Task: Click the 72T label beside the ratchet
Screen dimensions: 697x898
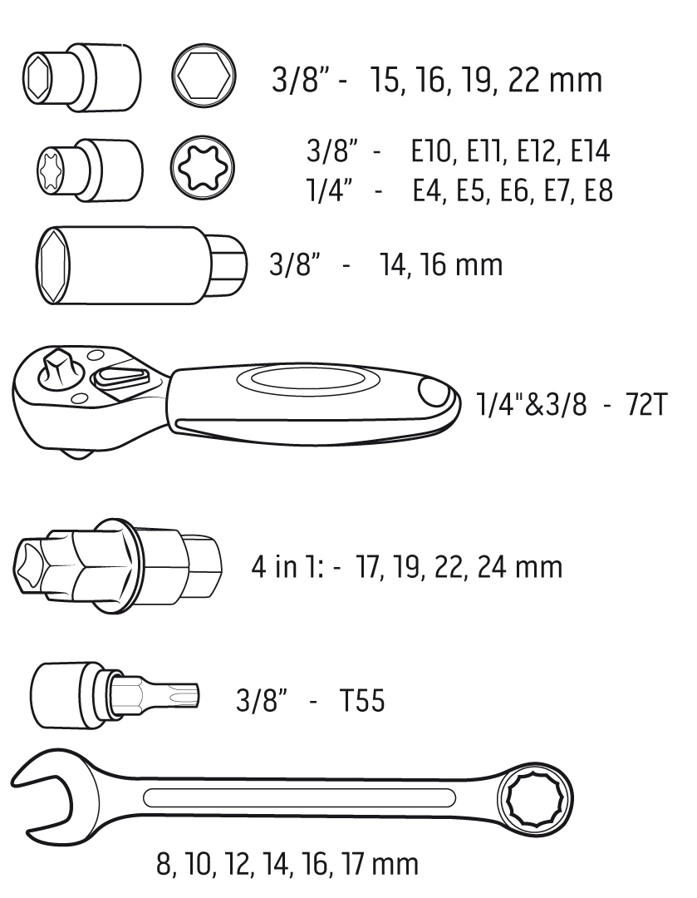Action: tap(646, 404)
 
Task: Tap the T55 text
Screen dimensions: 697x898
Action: tap(362, 700)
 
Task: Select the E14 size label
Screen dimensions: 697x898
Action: tap(591, 151)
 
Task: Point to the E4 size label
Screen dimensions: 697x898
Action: tap(428, 190)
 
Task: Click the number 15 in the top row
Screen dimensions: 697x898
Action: tap(385, 80)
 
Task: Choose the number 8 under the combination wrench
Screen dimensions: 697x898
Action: tap(164, 864)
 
